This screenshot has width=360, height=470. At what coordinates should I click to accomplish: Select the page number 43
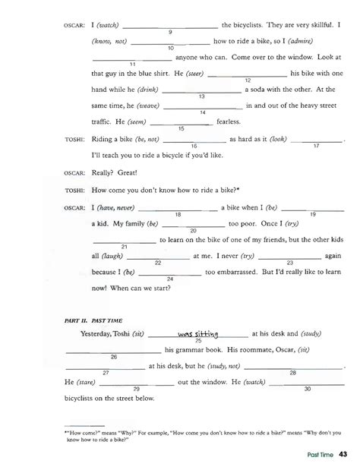point(343,455)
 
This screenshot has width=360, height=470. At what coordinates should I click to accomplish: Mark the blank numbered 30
point(307,382)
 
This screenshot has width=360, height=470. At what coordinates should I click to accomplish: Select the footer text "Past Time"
point(313,456)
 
